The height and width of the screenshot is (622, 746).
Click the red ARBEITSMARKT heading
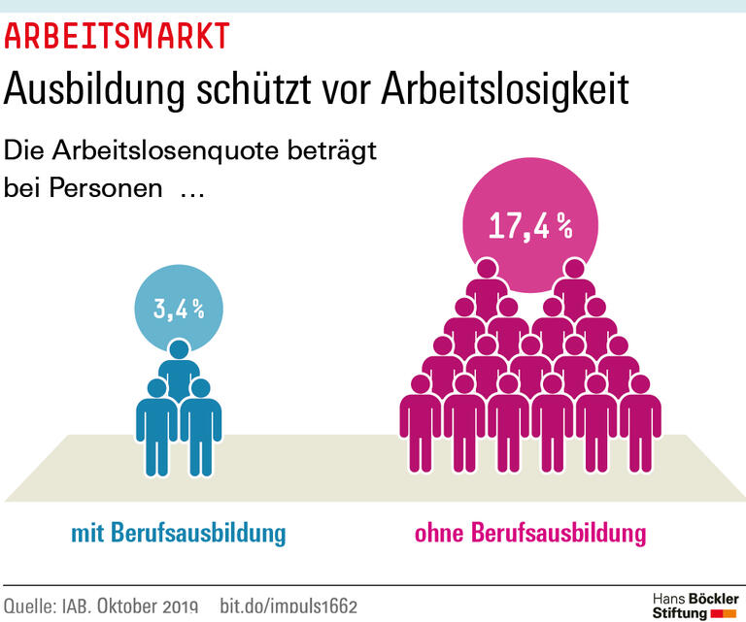point(117,36)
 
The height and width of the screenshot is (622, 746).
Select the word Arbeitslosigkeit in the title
point(504,89)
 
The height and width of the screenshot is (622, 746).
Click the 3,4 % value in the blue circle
point(179,310)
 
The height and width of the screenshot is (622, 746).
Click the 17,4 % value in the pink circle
point(529,225)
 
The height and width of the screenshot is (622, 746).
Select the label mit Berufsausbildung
point(179,533)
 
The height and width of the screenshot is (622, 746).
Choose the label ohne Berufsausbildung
point(529,533)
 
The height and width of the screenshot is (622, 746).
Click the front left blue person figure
point(156,427)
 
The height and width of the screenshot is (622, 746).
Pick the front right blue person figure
point(201,427)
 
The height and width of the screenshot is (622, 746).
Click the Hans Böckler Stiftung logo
point(695,605)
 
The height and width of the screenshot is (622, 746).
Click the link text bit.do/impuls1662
point(288,606)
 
